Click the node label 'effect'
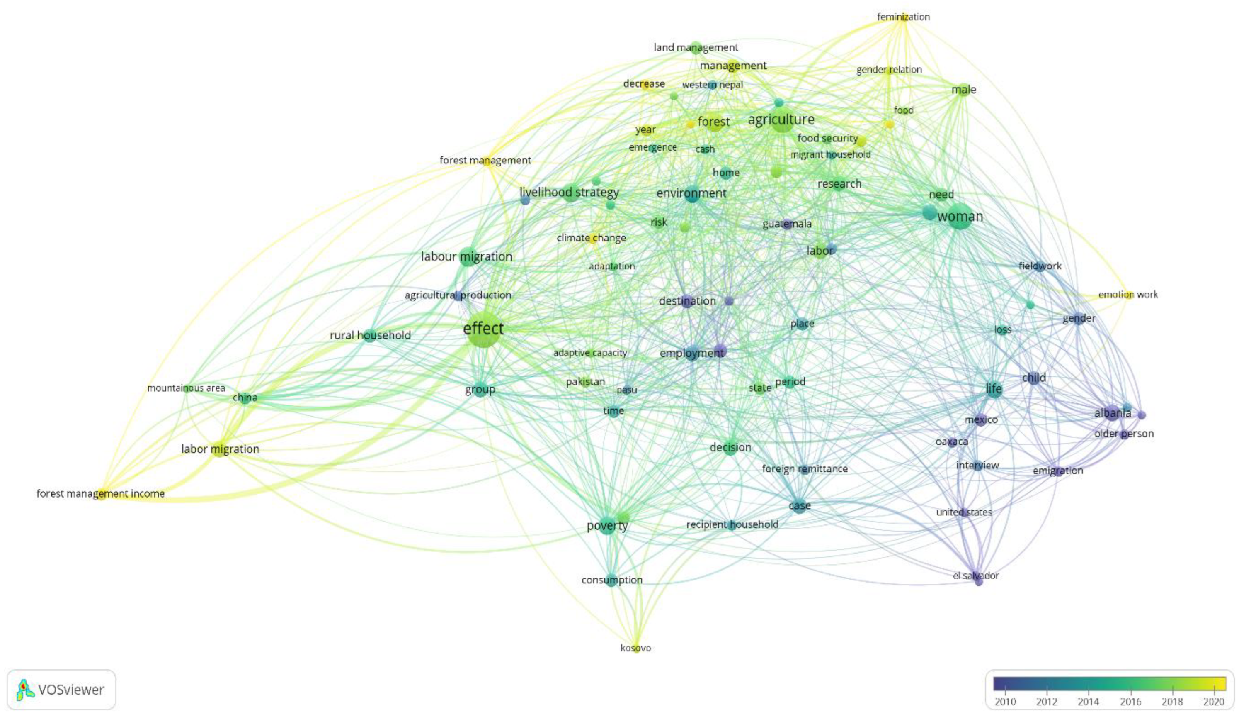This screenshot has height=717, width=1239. pos(483,328)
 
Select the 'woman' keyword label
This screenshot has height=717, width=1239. pos(960,216)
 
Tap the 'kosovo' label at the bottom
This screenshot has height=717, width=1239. pos(636,648)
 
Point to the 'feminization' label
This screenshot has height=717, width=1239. pos(903,17)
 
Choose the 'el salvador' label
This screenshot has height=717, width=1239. pos(975,575)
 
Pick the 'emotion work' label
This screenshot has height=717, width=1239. pos(1128,294)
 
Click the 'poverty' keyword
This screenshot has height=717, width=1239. pos(607,526)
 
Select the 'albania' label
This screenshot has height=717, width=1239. pos(1113,413)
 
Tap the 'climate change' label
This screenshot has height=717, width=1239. pos(591,238)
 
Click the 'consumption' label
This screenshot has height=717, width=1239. pos(612,580)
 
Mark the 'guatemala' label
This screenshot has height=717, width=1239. pos(787,224)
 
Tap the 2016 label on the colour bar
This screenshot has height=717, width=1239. pos(1130,702)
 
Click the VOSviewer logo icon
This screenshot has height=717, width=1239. pos(24,690)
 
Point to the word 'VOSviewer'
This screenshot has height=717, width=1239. pos(71,690)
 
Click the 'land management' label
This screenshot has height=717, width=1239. pos(695,47)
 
